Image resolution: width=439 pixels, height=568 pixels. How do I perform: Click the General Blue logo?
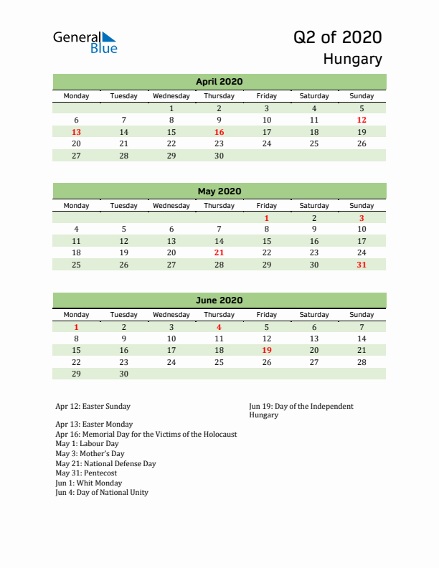click(x=85, y=42)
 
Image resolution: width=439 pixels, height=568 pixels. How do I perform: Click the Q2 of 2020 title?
click(x=337, y=37)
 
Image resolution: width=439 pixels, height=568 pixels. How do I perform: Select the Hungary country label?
click(x=352, y=59)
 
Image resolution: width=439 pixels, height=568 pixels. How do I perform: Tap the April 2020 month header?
click(x=219, y=82)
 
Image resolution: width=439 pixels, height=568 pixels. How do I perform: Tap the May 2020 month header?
click(x=219, y=191)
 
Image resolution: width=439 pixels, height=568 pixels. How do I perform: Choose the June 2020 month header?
click(x=219, y=300)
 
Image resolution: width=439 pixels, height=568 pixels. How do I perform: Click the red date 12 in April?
click(x=362, y=120)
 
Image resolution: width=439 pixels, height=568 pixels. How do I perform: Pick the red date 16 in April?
click(x=219, y=132)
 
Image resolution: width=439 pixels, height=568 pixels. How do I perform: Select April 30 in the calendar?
click(x=219, y=156)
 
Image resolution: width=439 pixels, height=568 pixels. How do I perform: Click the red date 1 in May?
click(x=266, y=217)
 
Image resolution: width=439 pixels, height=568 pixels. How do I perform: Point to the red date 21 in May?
click(x=219, y=252)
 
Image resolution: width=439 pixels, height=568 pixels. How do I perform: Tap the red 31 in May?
click(x=362, y=265)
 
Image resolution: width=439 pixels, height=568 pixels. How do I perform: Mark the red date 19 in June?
click(x=266, y=350)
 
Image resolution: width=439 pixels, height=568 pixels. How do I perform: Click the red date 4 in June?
click(x=219, y=326)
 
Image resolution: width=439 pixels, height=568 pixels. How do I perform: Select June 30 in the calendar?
click(x=123, y=374)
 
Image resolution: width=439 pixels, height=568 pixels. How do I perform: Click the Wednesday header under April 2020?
click(x=171, y=96)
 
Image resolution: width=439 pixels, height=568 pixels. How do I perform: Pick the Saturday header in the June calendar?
click(x=314, y=315)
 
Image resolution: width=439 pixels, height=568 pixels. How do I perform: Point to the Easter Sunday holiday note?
click(x=93, y=407)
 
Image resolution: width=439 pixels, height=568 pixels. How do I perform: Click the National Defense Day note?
click(x=105, y=463)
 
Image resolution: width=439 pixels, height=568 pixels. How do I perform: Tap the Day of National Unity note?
click(x=102, y=492)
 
